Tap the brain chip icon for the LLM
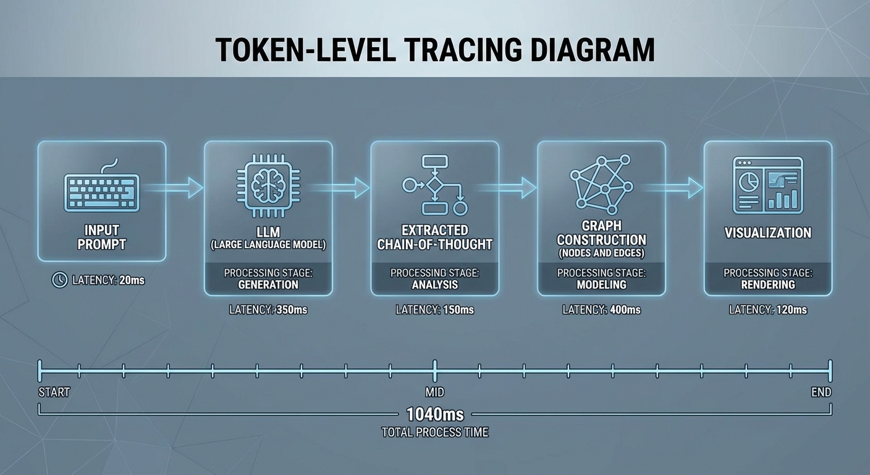pyautogui.click(x=268, y=184)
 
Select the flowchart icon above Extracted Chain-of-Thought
pyautogui.click(x=435, y=185)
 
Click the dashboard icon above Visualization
pyautogui.click(x=767, y=185)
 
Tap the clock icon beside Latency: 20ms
pyautogui.click(x=59, y=280)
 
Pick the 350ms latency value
pyautogui.click(x=290, y=310)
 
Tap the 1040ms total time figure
pyautogui.click(x=435, y=414)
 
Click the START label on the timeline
pyautogui.click(x=54, y=392)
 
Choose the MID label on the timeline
pyautogui.click(x=435, y=392)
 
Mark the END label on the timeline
pyautogui.click(x=821, y=392)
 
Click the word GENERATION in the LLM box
pyautogui.click(x=268, y=285)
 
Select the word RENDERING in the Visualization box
pyautogui.click(x=768, y=285)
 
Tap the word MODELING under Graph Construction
pyautogui.click(x=601, y=285)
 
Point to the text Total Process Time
pyautogui.click(x=435, y=432)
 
